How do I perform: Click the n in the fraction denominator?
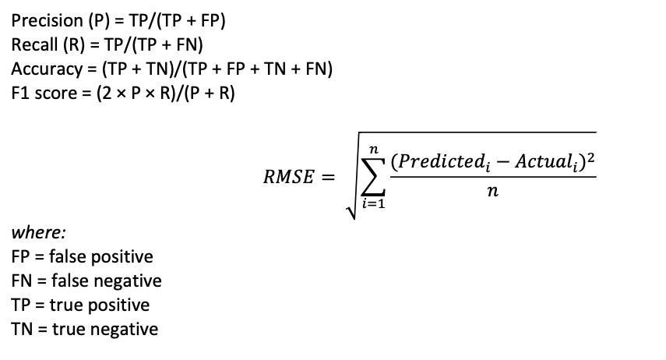(492, 191)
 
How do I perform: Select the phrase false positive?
(100, 256)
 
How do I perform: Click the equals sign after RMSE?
(329, 178)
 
